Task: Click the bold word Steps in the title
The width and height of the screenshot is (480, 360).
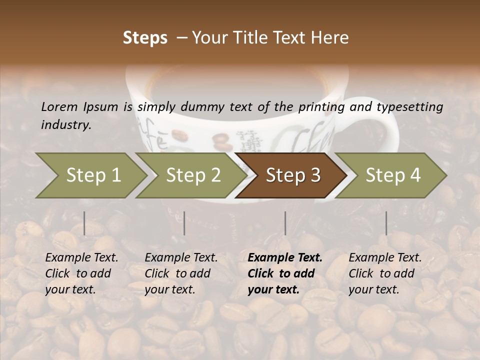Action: [x=145, y=38]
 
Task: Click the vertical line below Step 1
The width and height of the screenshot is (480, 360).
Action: [x=84, y=223]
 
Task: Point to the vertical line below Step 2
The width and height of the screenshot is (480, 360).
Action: [x=184, y=223]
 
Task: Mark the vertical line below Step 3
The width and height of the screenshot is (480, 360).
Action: [x=285, y=223]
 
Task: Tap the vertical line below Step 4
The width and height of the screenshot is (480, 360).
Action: [x=386, y=223]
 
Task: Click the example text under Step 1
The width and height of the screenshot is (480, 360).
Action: [x=81, y=273]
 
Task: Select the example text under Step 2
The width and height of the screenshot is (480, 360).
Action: [x=181, y=273]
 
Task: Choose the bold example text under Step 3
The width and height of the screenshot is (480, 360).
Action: [x=285, y=273]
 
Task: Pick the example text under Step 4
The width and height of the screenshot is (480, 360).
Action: [x=385, y=273]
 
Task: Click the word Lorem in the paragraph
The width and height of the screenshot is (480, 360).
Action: [x=59, y=106]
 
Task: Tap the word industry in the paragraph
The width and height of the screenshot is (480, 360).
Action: [x=66, y=125]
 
